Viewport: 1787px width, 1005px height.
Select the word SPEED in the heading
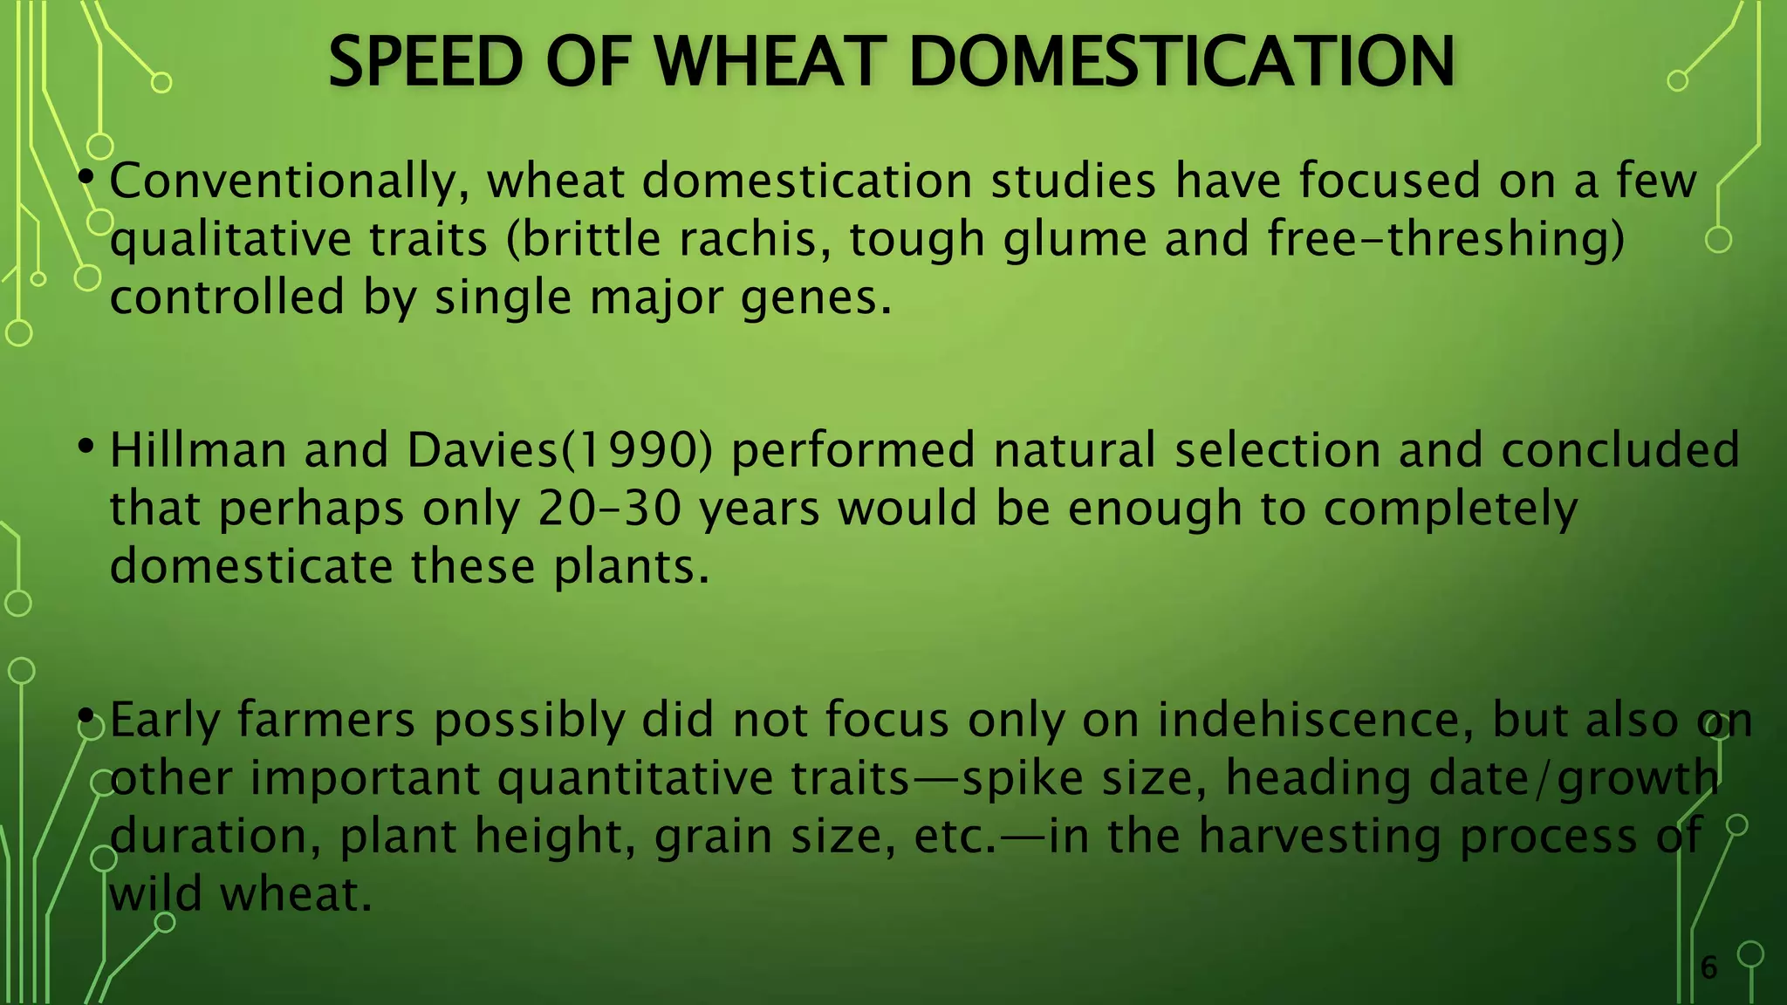tap(425, 63)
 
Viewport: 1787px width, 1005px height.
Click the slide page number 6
tap(1708, 967)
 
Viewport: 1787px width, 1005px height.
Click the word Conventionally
tap(284, 182)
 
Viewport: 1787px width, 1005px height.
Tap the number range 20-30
tap(609, 509)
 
